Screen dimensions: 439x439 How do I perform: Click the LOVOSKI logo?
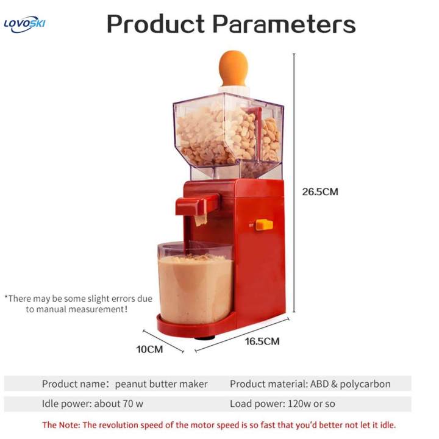point(24,25)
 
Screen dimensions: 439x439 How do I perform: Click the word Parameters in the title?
point(284,24)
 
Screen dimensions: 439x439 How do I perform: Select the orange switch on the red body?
point(264,224)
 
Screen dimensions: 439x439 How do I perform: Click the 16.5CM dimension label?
point(262,341)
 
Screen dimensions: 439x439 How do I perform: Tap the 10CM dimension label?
point(149,349)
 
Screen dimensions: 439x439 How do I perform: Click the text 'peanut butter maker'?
point(162,384)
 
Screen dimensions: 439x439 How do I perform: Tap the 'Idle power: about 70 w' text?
point(93,404)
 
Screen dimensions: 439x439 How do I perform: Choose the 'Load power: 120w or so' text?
point(282,404)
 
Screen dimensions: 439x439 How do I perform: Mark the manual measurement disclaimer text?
point(78,304)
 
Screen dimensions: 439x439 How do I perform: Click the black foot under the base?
point(205,337)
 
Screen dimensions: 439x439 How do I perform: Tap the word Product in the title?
point(155,24)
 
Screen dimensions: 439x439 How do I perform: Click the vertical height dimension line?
point(294,183)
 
